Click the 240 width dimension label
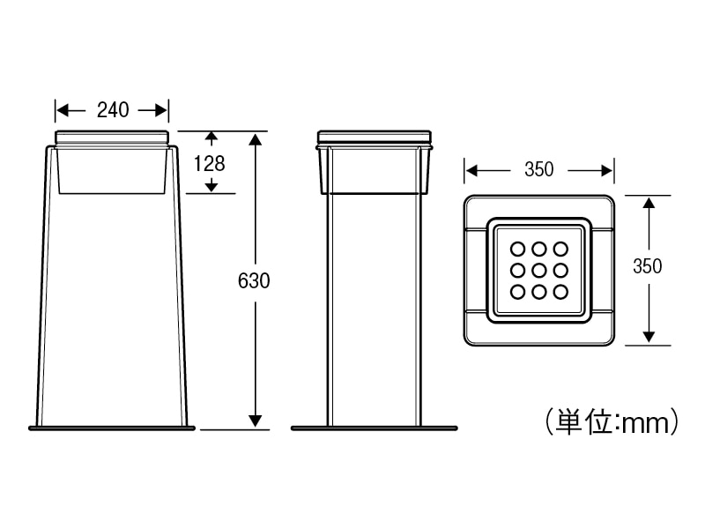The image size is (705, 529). pyautogui.click(x=113, y=110)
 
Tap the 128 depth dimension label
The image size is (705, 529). pyautogui.click(x=211, y=163)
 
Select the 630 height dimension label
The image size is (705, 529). pyautogui.click(x=254, y=280)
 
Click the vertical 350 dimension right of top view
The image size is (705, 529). pyautogui.click(x=648, y=267)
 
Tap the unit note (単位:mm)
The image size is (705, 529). pyautogui.click(x=612, y=421)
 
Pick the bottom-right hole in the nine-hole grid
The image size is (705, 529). pyautogui.click(x=559, y=291)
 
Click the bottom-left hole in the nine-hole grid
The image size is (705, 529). pyautogui.click(x=518, y=291)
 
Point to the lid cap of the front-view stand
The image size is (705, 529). pyautogui.click(x=112, y=138)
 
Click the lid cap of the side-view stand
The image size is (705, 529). pyautogui.click(x=375, y=138)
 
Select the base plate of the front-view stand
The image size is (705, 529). pyautogui.click(x=111, y=429)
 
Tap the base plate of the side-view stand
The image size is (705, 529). pyautogui.click(x=375, y=429)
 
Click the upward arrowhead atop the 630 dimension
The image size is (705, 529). pyautogui.click(x=256, y=140)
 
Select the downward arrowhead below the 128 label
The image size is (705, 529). pyautogui.click(x=211, y=185)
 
